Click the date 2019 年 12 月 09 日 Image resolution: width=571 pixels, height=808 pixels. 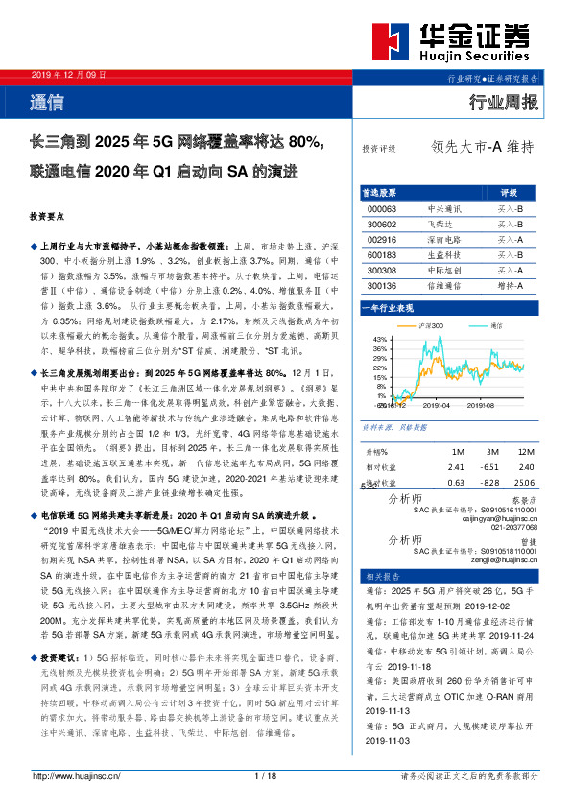pos(69,75)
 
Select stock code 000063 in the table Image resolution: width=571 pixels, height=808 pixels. pos(382,208)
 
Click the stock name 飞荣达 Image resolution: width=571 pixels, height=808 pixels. pos(444,223)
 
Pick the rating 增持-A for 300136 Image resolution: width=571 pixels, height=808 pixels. pos(510,285)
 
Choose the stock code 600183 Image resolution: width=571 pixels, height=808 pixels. pos(382,254)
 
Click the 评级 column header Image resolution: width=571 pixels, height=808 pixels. pos(510,193)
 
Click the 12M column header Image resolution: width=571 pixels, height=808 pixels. pos(526,450)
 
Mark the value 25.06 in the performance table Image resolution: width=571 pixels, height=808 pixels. pos(524,483)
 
